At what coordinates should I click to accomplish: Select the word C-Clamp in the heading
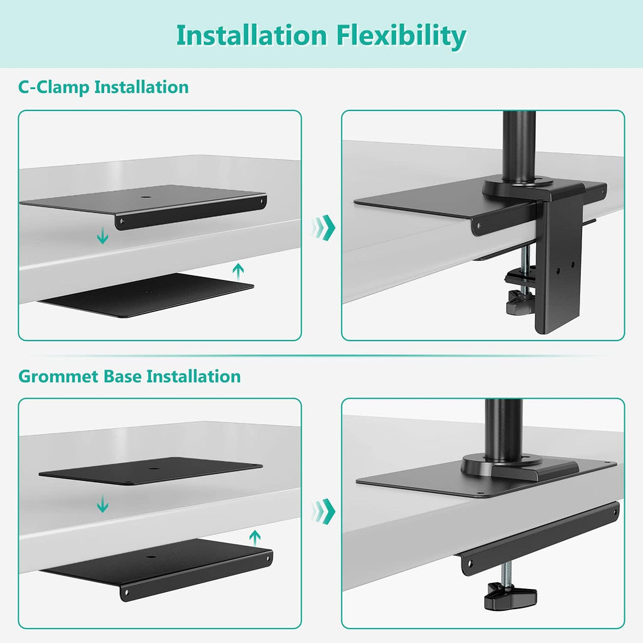coord(53,87)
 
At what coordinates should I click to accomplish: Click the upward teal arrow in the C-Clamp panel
coord(237,271)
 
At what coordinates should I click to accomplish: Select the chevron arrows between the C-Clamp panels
coord(323,227)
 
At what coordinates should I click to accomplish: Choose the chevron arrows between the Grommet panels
coord(323,511)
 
